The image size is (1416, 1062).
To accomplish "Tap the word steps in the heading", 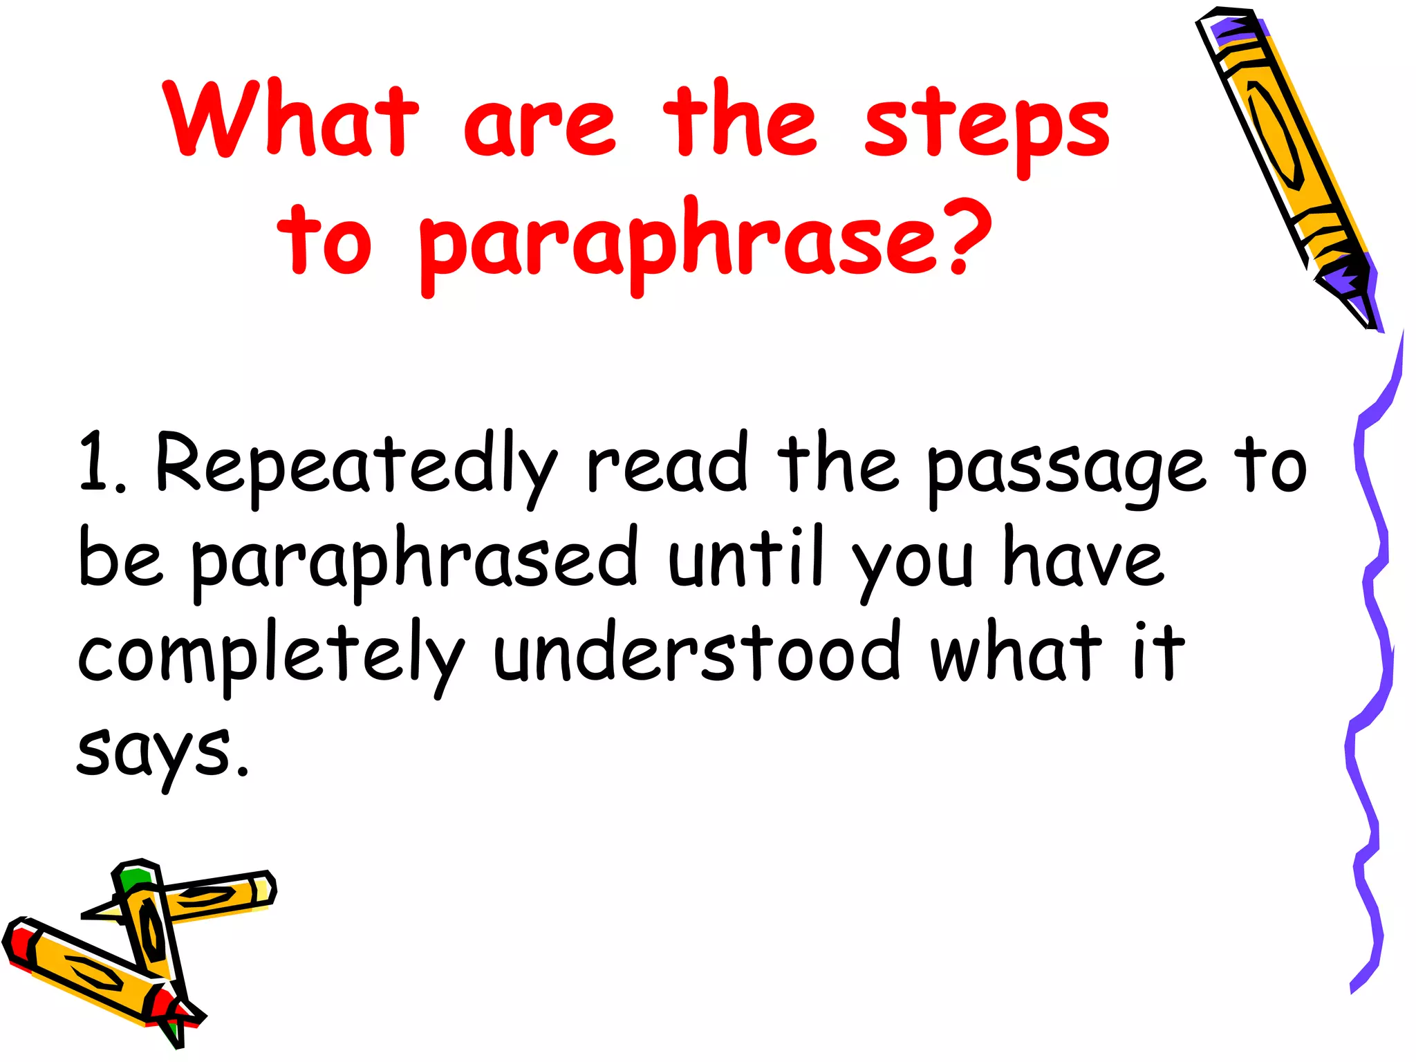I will click(987, 128).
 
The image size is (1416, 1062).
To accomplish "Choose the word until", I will click(747, 557).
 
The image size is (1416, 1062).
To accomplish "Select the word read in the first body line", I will click(667, 463).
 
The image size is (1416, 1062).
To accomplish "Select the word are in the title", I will click(539, 124).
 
